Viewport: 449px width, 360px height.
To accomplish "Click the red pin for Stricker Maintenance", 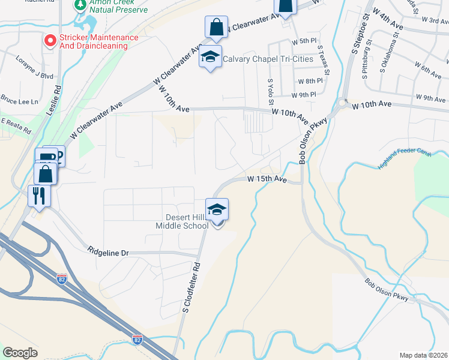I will click(50, 41).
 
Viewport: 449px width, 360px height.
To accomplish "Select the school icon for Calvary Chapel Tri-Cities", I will click(210, 57).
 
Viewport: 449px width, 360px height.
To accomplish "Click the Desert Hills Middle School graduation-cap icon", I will click(217, 210).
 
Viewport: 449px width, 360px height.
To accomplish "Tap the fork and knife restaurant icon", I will click(38, 196).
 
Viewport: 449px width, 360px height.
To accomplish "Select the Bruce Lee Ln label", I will click(19, 100).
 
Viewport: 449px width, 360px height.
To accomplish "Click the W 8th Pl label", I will click(310, 81).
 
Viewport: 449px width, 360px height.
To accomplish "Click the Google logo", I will click(20, 353).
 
